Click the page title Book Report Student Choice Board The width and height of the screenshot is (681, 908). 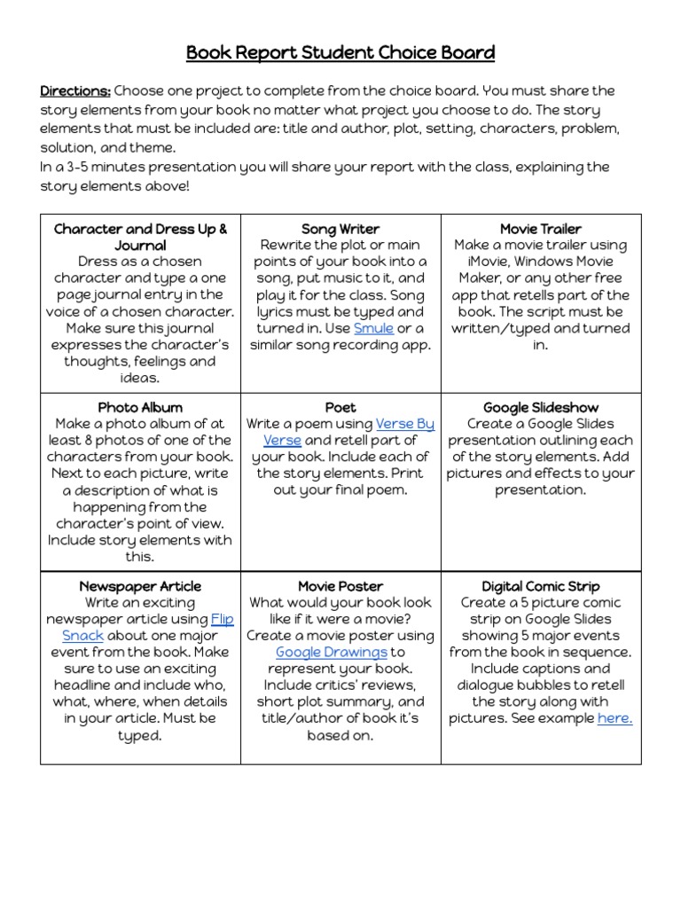coord(340,53)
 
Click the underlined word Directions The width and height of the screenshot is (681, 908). coord(75,91)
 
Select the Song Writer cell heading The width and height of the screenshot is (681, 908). coord(340,229)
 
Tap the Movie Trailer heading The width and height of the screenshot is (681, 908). coord(541,229)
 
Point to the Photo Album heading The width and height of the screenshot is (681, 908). coord(140,408)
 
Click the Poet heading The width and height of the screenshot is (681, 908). coord(340,408)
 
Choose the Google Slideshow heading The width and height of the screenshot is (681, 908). coord(541,408)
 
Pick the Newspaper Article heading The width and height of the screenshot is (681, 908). coord(140,586)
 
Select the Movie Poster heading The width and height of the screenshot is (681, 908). coord(340,586)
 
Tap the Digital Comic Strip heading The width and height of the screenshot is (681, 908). coord(541,586)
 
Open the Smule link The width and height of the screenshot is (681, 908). coord(373,329)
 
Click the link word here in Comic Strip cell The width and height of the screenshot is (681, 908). coord(614,718)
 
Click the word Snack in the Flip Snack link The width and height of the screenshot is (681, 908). coord(83,636)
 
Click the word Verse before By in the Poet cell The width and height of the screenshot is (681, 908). coord(395,425)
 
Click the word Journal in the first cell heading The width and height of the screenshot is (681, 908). coord(140,246)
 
